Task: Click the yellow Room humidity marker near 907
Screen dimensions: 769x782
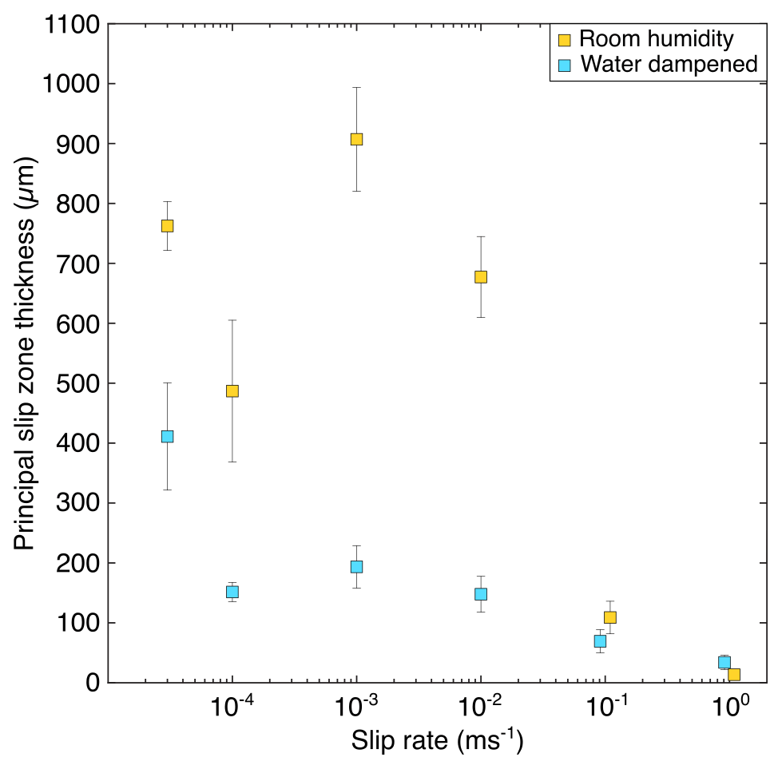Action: point(356,139)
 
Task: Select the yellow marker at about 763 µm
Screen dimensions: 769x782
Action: point(167,225)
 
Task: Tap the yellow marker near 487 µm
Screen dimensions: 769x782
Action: point(232,390)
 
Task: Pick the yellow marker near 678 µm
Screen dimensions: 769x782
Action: point(481,276)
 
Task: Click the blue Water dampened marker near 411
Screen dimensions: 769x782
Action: point(167,436)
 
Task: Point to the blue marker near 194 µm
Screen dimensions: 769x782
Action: point(356,566)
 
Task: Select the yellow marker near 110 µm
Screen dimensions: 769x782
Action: point(610,616)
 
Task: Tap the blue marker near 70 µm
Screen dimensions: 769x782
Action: point(600,640)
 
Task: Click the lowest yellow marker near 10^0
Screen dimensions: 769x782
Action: point(734,674)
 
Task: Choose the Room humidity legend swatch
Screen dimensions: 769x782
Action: point(565,39)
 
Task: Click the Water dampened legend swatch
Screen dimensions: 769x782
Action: point(565,65)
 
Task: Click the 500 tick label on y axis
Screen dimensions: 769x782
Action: point(77,383)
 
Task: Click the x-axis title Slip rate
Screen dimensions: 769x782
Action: point(437,742)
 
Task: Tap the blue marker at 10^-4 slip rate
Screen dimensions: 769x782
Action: point(232,592)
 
